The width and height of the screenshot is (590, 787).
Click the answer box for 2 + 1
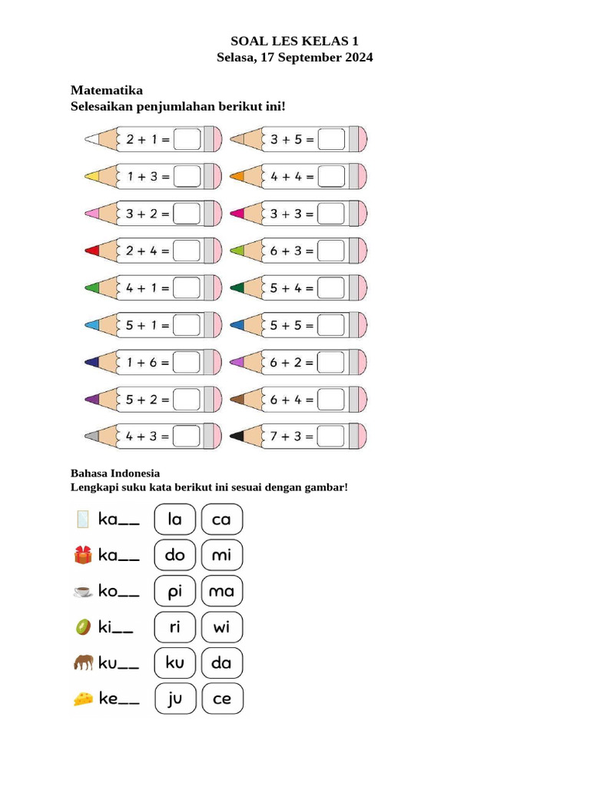[187, 140]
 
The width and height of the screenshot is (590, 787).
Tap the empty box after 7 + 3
[331, 437]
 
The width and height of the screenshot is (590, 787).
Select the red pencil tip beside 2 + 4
[92, 251]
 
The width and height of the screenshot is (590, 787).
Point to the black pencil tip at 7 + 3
[237, 437]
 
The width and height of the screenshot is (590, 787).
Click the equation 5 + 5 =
[292, 325]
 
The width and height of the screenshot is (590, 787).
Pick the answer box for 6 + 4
[331, 400]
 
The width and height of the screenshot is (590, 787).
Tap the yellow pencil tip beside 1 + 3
[92, 177]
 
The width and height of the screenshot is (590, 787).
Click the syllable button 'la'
[175, 520]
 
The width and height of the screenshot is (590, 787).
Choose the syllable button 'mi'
[221, 555]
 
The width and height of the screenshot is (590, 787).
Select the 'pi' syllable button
[175, 591]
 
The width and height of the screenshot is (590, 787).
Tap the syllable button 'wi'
[221, 627]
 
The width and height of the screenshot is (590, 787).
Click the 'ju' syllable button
[175, 699]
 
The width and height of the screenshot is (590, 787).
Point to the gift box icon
[83, 555]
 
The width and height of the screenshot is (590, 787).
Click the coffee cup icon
[83, 591]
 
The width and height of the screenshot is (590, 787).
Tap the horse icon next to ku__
[83, 662]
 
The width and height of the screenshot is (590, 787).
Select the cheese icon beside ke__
[83, 699]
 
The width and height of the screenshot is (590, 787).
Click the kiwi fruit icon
[83, 627]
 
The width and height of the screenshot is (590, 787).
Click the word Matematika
[107, 90]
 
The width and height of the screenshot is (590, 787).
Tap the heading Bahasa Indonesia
[115, 473]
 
